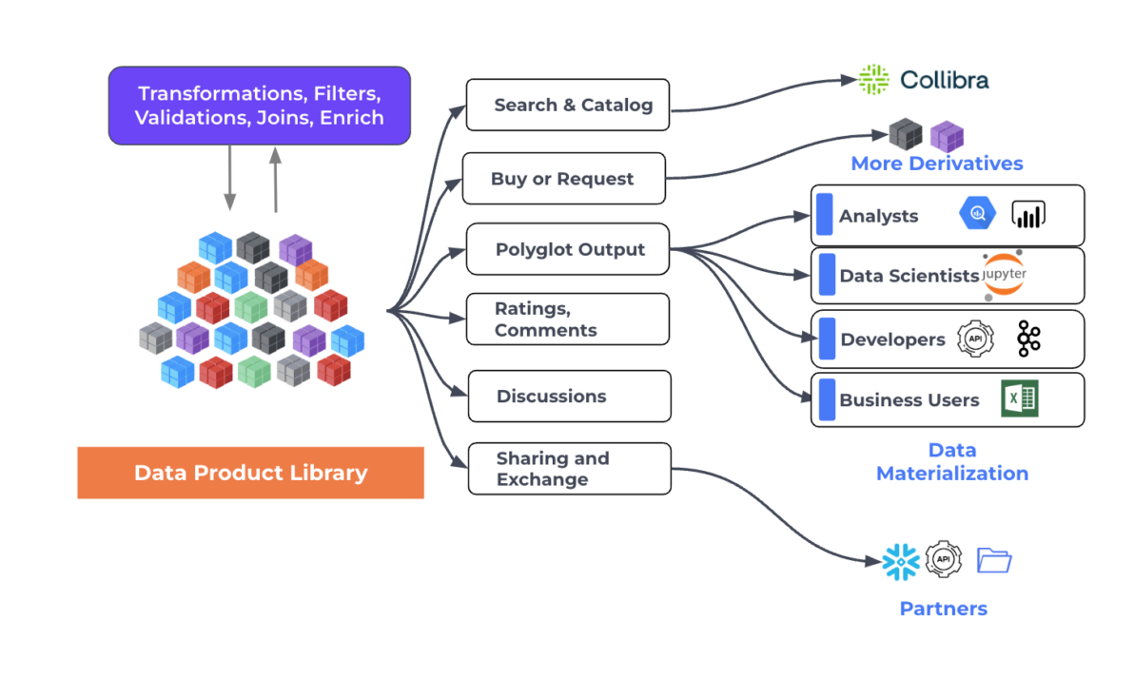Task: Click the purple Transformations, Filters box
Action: [259, 106]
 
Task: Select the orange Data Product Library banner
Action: [250, 473]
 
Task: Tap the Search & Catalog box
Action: [567, 105]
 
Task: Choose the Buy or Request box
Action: [563, 179]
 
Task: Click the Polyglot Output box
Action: [568, 250]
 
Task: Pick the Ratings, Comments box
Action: [568, 320]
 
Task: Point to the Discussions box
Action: [569, 397]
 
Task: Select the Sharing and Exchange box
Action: [569, 469]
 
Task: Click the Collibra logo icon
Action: [873, 80]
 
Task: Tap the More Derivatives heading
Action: [936, 164]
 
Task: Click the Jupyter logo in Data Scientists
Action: [1004, 275]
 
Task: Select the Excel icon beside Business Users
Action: [1019, 399]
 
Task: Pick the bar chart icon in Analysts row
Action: [1028, 215]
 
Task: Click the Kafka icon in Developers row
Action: [1028, 339]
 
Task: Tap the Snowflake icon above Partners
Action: [900, 561]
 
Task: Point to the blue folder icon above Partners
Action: [994, 560]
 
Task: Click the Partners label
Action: [943, 609]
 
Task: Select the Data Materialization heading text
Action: [951, 461]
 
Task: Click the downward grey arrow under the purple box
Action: [230, 178]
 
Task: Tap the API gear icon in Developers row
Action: [975, 339]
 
